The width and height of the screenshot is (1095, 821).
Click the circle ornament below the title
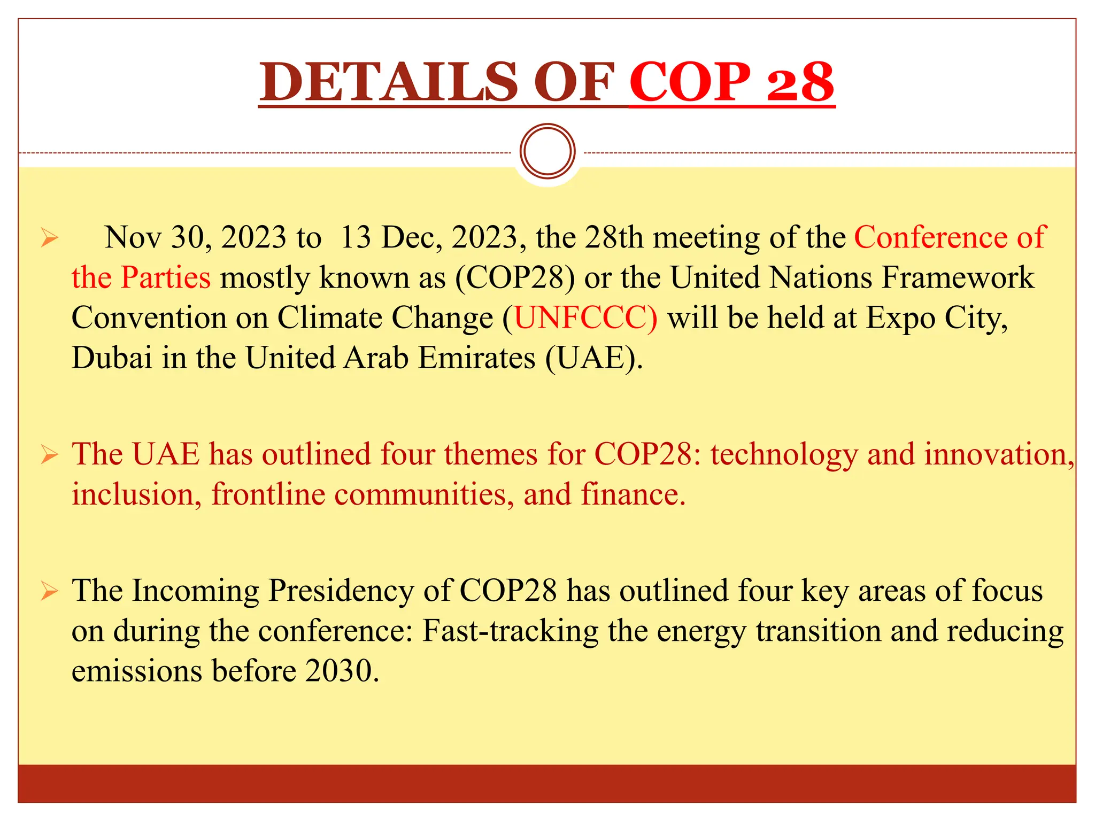coord(547,151)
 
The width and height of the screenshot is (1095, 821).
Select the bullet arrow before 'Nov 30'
coord(49,238)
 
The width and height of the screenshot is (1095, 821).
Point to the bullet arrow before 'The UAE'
coord(49,455)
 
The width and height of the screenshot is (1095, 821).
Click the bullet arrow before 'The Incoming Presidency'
coord(49,592)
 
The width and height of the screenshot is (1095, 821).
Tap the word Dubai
coord(112,358)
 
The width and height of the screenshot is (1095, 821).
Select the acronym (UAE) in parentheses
coord(593,358)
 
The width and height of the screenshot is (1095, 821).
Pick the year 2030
coord(339,671)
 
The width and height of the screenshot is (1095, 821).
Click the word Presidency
coord(341,591)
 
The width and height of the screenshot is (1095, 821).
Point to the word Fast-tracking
coord(510,631)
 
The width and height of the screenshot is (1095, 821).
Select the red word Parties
coord(166,277)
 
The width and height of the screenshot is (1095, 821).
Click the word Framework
coord(958,277)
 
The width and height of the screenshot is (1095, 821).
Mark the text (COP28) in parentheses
coord(515,277)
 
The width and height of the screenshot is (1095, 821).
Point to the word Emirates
coord(476,358)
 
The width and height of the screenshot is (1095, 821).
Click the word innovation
coord(998,454)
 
